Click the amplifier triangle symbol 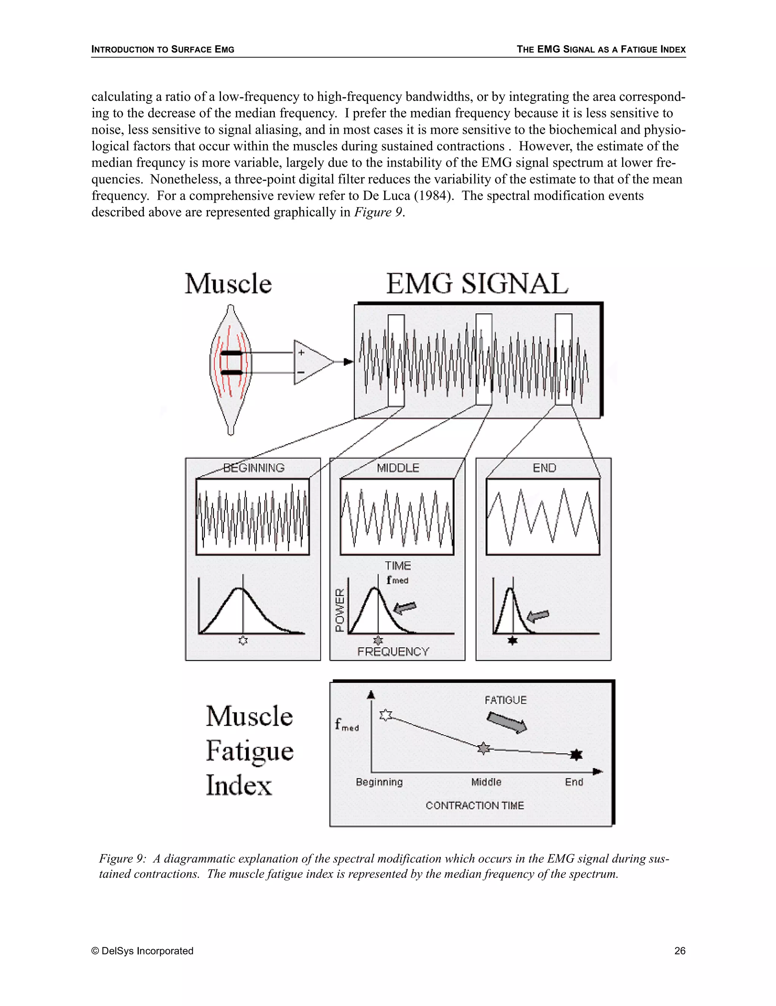click(310, 363)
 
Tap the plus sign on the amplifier click(301, 353)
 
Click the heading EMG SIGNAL click(477, 284)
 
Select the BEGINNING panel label click(254, 468)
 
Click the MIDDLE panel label click(398, 468)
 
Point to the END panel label click(544, 468)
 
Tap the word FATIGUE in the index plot click(505, 700)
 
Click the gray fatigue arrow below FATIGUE click(507, 722)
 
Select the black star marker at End click(576, 754)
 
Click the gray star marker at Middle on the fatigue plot click(483, 748)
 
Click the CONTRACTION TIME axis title click(475, 806)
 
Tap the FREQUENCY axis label click(393, 652)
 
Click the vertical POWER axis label click(340, 610)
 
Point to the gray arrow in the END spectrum click(538, 615)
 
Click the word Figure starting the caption click(116, 859)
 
